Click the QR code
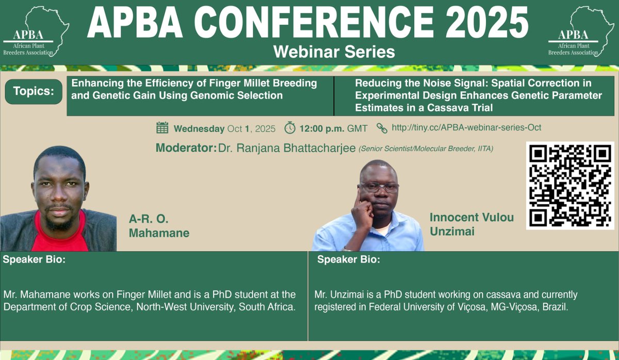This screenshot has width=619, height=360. pyautogui.click(x=569, y=185)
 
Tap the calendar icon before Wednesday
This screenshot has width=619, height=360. pyautogui.click(x=162, y=128)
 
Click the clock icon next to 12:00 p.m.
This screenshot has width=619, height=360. pyautogui.click(x=290, y=128)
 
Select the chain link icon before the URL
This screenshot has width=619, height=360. pyautogui.click(x=382, y=128)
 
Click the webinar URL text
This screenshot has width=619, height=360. pyautogui.click(x=466, y=128)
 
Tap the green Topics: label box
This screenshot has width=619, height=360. pyautogui.click(x=34, y=91)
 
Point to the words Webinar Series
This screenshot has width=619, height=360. pyautogui.click(x=334, y=52)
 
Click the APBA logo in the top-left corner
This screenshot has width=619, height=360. pyautogui.click(x=35, y=32)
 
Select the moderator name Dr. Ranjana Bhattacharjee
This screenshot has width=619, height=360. pyautogui.click(x=287, y=149)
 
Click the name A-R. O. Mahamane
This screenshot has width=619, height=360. pyautogui.click(x=159, y=225)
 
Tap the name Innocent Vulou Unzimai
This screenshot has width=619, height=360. pyautogui.click(x=471, y=224)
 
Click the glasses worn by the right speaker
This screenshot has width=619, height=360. pyautogui.click(x=379, y=187)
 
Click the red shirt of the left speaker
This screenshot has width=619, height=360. pyautogui.click(x=62, y=237)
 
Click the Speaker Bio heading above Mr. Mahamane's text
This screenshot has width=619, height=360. pyautogui.click(x=34, y=259)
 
